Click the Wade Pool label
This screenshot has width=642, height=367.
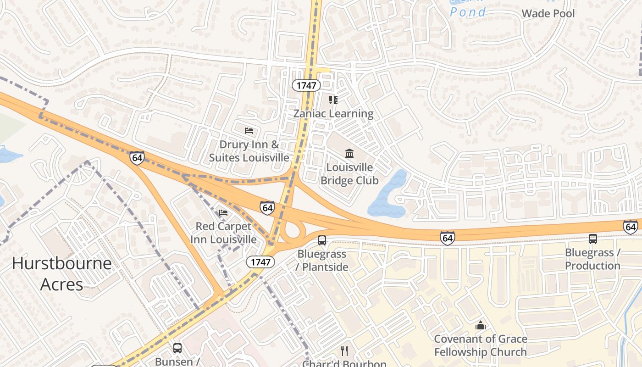click(548, 13)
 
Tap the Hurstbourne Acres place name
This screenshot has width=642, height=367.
click(61, 273)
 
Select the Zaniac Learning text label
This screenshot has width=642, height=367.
click(333, 113)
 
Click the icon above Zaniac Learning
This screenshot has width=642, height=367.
click(333, 100)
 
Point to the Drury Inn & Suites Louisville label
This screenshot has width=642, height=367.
click(249, 151)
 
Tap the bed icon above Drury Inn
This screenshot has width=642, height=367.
click(249, 131)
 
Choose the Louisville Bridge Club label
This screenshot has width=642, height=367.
click(349, 174)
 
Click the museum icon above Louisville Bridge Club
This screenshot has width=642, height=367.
click(349, 153)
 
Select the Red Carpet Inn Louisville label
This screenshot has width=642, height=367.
click(223, 233)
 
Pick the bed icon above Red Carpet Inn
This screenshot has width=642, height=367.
click(223, 212)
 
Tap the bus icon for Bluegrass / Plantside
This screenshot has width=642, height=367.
click(322, 240)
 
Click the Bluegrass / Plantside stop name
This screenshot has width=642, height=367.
click(322, 260)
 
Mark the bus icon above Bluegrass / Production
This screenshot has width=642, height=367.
click(593, 239)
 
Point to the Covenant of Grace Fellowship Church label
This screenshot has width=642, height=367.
click(480, 345)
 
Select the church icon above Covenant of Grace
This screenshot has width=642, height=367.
click(480, 325)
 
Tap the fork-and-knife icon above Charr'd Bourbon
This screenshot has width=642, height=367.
click(344, 351)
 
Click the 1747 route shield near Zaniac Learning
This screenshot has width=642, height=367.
click(306, 85)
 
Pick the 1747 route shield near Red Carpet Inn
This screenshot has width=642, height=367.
click(260, 262)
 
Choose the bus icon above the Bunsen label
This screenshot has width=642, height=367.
click(177, 348)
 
